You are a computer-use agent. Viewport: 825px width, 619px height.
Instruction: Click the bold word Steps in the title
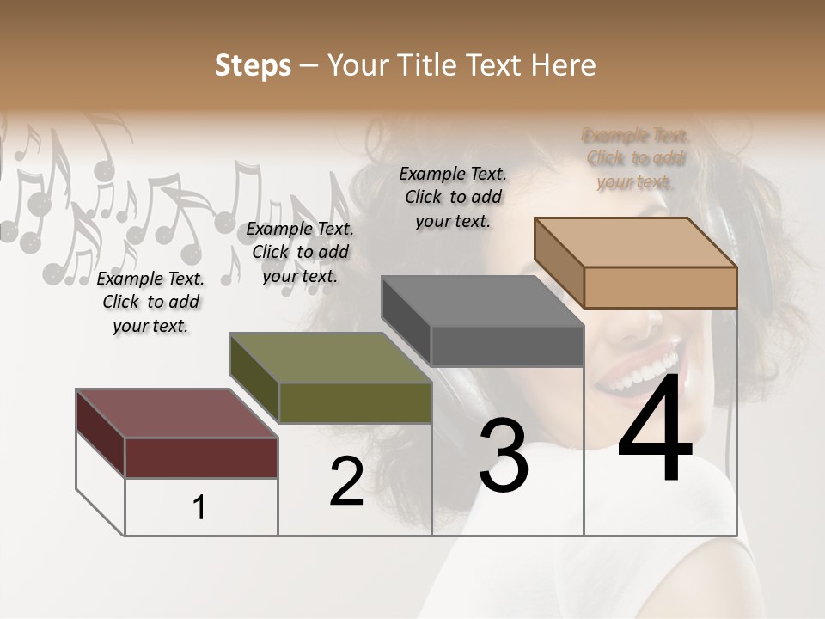253,65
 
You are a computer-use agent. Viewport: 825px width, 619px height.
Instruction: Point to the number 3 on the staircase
504,456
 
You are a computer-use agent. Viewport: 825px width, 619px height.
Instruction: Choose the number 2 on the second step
346,481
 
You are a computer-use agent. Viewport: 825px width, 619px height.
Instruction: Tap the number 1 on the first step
199,508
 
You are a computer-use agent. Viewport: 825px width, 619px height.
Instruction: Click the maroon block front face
201,457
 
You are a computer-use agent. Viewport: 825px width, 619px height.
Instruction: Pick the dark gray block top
482,301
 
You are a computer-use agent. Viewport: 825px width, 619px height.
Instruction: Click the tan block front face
660,287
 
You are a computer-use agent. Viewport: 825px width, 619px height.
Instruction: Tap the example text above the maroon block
150,302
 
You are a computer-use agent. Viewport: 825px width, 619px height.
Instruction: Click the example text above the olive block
300,252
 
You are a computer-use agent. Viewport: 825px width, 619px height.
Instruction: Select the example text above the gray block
453,197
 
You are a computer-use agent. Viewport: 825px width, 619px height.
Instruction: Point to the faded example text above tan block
635,158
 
